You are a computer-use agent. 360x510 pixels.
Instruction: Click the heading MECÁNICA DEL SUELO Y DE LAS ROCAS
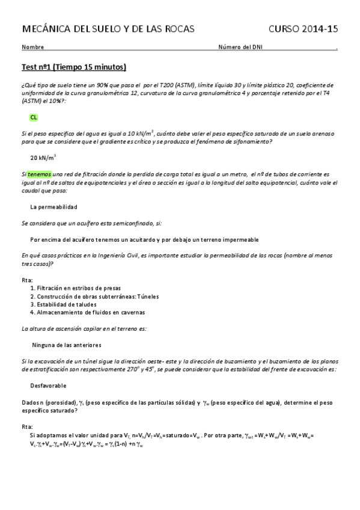(108, 29)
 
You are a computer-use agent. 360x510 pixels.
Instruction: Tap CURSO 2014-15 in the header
(303, 29)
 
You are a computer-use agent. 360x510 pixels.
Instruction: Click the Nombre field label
(32, 48)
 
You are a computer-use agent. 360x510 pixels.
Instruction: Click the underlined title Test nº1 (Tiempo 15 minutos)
(74, 67)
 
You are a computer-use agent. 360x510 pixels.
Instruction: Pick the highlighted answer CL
(34, 118)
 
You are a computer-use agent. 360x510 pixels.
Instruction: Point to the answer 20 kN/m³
(43, 158)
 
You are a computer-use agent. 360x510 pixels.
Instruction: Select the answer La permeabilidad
(54, 206)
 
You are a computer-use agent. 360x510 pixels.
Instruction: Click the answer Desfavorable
(48, 385)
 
